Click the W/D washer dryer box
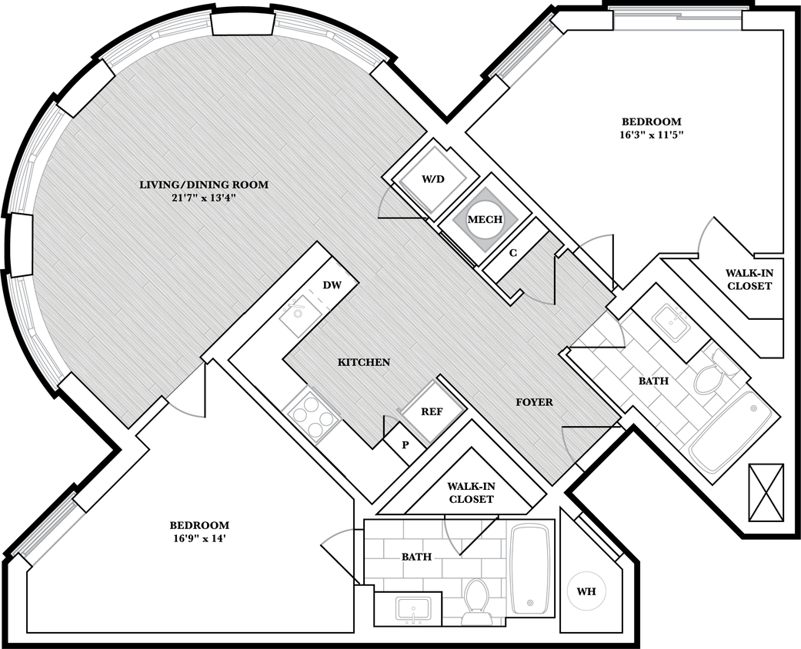click(431, 179)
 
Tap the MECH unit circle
click(485, 219)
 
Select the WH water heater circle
click(586, 592)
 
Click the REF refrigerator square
click(431, 411)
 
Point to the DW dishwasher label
click(332, 285)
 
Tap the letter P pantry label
click(405, 445)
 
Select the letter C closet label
click(514, 253)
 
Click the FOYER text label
click(534, 402)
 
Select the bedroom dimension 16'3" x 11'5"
click(652, 135)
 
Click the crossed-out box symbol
click(766, 493)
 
